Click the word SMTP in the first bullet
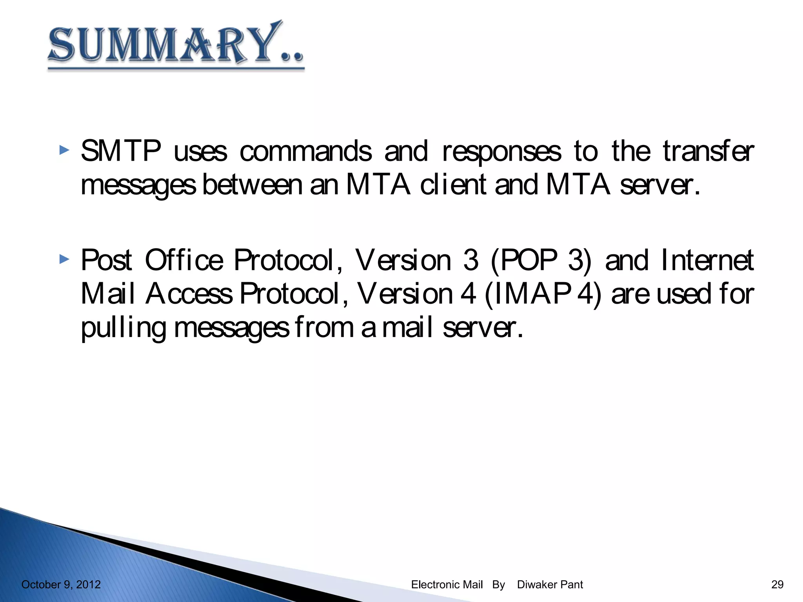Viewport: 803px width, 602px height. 121,151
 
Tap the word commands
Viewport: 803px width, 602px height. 305,151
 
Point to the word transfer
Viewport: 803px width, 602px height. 708,151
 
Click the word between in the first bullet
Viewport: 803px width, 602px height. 252,185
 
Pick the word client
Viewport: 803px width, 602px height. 453,185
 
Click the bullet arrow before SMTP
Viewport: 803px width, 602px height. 64,150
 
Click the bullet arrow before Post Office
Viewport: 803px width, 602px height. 64,259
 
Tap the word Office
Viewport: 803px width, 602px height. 184,260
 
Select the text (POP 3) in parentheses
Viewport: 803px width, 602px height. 541,260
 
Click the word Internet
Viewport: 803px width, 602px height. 707,260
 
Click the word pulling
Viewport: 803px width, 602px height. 123,328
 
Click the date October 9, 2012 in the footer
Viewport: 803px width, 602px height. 61,584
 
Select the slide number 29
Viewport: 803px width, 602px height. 777,584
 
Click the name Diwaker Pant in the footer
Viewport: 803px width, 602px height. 550,584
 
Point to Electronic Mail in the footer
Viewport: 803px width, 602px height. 447,584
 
